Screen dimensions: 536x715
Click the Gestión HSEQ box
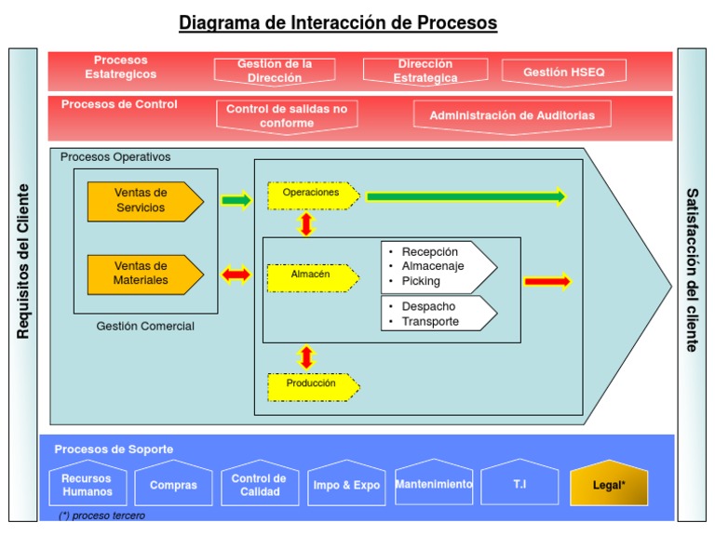coord(564,72)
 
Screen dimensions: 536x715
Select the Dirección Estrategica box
coord(425,71)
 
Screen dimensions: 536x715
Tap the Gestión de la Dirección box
coord(275,71)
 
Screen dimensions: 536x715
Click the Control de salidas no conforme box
coord(287,115)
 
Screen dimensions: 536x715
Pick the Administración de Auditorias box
coord(512,115)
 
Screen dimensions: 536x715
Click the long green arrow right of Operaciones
coord(465,196)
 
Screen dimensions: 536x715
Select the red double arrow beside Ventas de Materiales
coord(236,274)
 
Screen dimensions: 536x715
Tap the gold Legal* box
coord(609,484)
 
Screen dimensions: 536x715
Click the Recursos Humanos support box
coord(88,485)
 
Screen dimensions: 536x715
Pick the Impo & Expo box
coord(346,485)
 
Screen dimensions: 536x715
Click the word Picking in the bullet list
coord(421,281)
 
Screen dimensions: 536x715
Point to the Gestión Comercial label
coord(145,327)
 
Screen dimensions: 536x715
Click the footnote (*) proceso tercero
coord(101,516)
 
